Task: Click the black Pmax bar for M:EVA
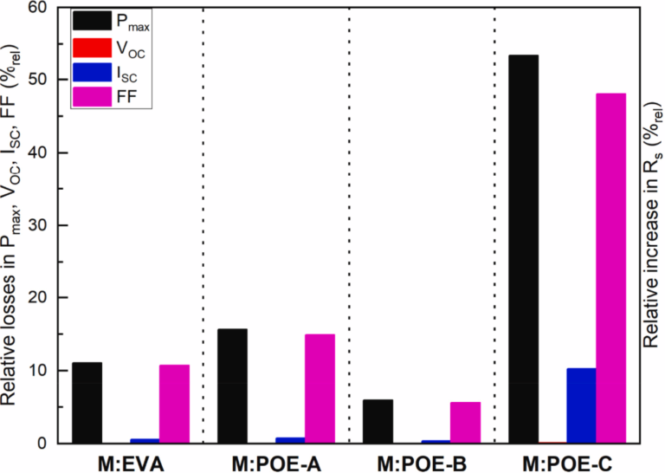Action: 87,403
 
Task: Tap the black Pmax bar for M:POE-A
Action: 233,386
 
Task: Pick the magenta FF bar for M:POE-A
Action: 320,389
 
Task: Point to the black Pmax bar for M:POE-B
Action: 378,422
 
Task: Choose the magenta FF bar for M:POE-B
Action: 465,423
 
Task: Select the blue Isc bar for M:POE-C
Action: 581,405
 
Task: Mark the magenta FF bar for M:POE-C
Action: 610,269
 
